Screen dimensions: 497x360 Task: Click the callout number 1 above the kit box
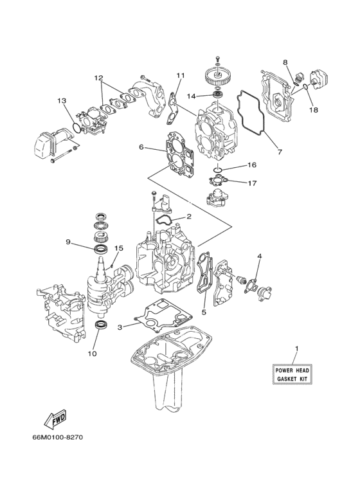(x=296, y=348)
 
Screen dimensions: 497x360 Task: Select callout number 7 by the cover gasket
(x=279, y=153)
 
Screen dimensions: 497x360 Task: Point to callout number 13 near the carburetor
(x=61, y=101)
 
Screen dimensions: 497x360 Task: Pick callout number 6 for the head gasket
(x=141, y=147)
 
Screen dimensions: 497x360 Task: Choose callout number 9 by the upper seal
(x=67, y=242)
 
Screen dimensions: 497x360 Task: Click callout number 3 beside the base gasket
(x=120, y=327)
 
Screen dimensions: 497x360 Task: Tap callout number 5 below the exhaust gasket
(x=204, y=312)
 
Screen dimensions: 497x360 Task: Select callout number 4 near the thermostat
(x=259, y=257)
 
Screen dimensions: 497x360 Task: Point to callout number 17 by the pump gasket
(x=252, y=183)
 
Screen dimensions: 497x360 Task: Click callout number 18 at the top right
(x=314, y=110)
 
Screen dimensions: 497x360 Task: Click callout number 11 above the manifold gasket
(x=181, y=76)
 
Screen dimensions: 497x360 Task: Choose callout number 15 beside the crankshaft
(x=118, y=248)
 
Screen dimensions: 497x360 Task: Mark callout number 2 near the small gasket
(x=189, y=217)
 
